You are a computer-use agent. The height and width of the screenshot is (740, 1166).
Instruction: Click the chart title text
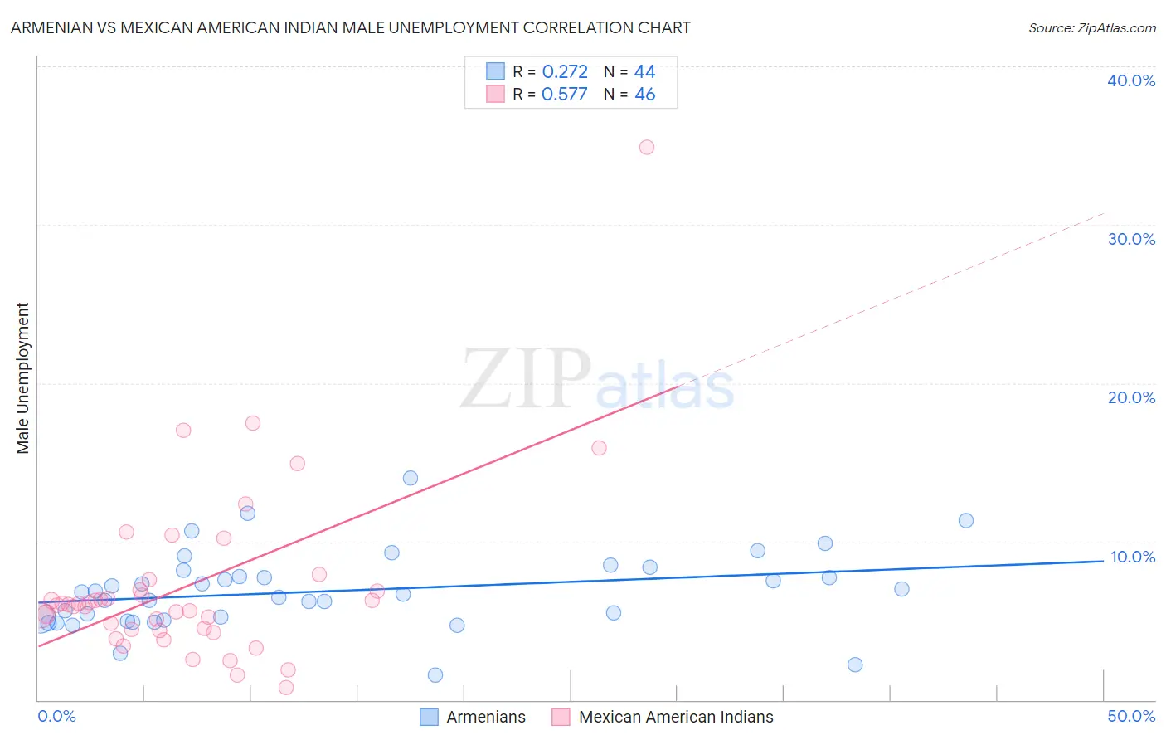350,27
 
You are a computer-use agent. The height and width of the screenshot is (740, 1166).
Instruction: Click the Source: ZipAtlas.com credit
1091,27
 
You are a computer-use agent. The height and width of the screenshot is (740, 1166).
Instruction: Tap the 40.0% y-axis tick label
1130,80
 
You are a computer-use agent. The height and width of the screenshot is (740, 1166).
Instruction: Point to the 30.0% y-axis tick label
1130,239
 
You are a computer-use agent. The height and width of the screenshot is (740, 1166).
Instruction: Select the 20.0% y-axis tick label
1130,397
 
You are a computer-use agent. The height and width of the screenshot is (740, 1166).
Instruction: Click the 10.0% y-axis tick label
1132,557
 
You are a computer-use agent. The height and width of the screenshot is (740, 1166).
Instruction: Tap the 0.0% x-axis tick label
56,716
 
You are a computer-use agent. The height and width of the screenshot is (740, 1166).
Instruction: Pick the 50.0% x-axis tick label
1130,716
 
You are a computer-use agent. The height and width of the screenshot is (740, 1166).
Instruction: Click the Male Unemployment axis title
22,378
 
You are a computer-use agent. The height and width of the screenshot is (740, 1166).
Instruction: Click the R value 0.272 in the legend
565,72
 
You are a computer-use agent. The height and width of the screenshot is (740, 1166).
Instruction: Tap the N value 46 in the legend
644,95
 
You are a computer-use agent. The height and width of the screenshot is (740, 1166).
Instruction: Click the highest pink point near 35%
647,147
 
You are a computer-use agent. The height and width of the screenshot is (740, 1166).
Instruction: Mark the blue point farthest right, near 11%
966,521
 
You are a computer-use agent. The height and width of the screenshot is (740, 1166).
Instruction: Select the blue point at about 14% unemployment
411,478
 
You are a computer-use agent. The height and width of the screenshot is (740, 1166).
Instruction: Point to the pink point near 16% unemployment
599,448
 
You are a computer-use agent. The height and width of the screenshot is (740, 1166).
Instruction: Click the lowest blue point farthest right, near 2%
855,665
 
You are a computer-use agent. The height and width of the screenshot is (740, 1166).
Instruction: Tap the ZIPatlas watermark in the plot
597,380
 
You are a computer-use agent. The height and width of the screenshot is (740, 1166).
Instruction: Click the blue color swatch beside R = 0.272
495,71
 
